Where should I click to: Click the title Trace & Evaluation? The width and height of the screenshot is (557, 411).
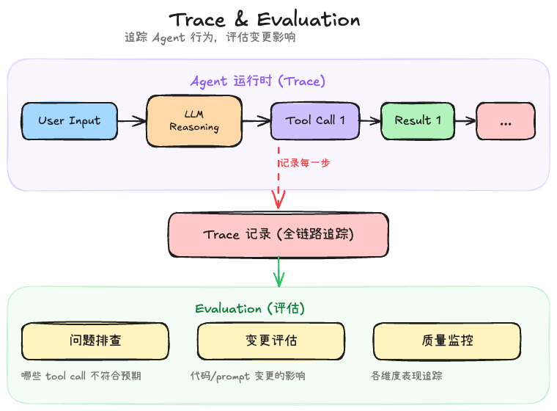(265, 20)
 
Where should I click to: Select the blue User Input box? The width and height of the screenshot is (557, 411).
(69, 120)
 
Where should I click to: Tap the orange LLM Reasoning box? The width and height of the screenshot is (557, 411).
(194, 120)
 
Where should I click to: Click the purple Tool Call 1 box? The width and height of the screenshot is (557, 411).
(315, 120)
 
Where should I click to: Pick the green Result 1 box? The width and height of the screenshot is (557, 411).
(418, 120)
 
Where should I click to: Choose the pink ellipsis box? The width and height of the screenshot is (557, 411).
(506, 121)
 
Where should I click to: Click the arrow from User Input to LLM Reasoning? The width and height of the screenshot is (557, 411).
(132, 120)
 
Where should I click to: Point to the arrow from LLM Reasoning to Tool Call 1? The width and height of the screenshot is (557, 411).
(256, 120)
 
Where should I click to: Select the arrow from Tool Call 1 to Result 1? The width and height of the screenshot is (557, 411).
(370, 120)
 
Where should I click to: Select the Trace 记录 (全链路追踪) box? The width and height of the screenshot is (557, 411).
(278, 235)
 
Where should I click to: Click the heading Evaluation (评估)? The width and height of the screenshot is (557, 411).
(250, 308)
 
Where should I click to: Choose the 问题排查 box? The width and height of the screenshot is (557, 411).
(95, 341)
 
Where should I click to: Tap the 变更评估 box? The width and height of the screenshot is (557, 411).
(271, 341)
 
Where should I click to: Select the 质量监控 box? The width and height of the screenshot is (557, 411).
(447, 341)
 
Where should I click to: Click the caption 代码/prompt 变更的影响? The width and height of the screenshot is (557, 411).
(248, 376)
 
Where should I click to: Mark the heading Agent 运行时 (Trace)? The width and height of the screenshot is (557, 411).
(258, 81)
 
